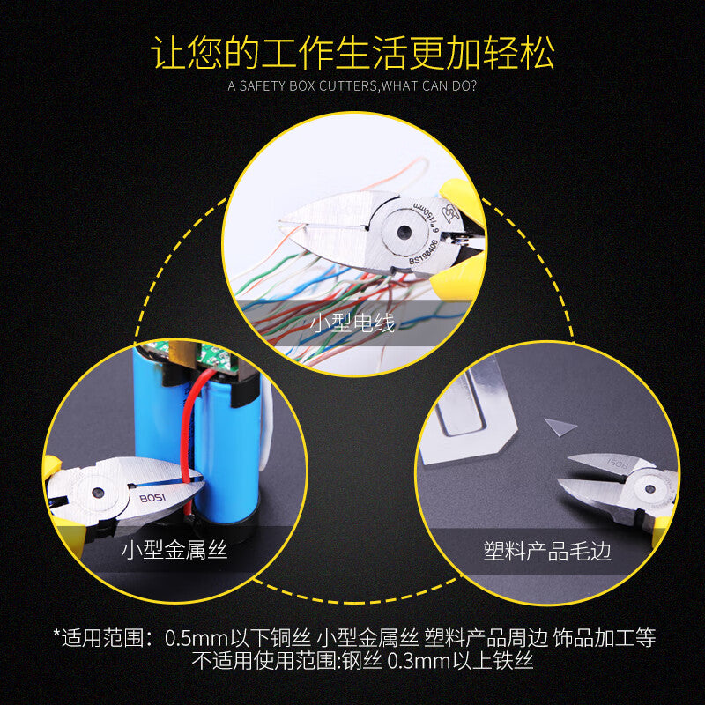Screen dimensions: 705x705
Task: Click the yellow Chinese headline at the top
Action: pyautogui.click(x=352, y=53)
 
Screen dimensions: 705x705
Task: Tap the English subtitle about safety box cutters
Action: pyautogui.click(x=352, y=85)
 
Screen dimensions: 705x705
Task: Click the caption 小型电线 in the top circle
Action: pyautogui.click(x=352, y=323)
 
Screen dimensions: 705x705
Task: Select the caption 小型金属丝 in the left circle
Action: pyautogui.click(x=174, y=550)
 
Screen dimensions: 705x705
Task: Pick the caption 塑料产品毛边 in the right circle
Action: pyautogui.click(x=547, y=551)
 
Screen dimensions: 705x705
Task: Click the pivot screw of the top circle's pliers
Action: pyautogui.click(x=404, y=232)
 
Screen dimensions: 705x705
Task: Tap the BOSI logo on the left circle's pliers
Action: pyautogui.click(x=152, y=498)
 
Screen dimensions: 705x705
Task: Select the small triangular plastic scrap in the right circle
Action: pyautogui.click(x=559, y=427)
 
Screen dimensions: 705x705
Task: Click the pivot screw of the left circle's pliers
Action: pyautogui.click(x=98, y=493)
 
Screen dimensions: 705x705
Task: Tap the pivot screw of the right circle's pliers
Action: pyautogui.click(x=649, y=489)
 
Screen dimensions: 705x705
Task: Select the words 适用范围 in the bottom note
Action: pyautogui.click(x=102, y=638)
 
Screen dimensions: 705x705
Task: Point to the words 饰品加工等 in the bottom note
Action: pyautogui.click(x=605, y=638)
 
